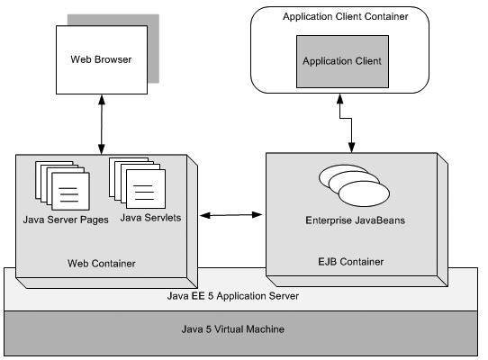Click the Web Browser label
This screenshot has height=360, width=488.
pos(101,60)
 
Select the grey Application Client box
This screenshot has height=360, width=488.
pos(341,61)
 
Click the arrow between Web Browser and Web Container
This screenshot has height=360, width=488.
pos(102,128)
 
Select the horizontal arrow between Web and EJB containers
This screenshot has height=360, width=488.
pos(232,215)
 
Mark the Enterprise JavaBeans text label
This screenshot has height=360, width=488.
pos(354,219)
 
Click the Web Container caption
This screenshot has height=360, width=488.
pos(102,264)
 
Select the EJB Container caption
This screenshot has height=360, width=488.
pos(352,262)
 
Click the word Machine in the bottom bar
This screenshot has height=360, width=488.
pos(266,329)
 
